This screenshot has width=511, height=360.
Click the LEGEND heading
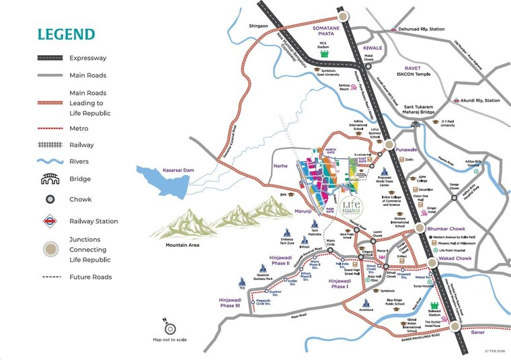click(x=66, y=34)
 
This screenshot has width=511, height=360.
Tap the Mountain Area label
click(x=183, y=246)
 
